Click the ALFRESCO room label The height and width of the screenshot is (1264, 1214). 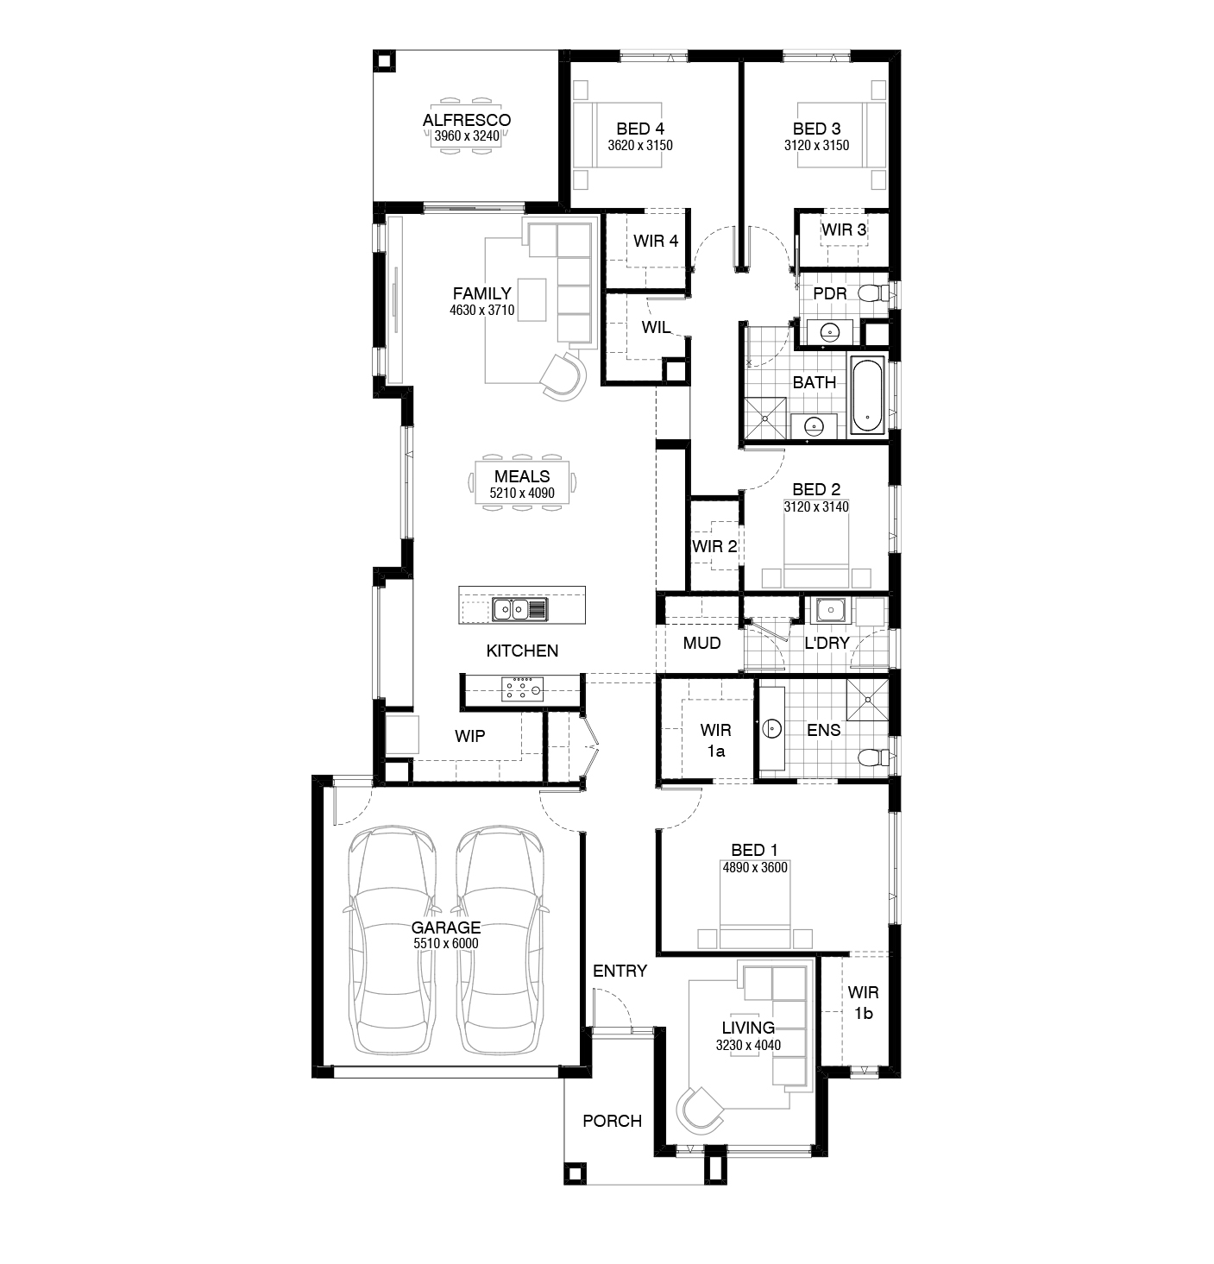click(467, 120)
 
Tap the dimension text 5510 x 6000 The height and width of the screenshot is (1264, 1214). click(445, 943)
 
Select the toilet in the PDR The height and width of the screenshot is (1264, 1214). click(873, 293)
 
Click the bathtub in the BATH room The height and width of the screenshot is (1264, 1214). click(867, 395)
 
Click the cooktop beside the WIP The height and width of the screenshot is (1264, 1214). click(522, 689)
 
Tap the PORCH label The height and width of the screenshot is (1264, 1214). click(612, 1121)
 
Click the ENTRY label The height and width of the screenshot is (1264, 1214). click(620, 971)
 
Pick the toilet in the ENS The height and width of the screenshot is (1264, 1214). click(873, 758)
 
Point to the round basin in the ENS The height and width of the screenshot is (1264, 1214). click(771, 729)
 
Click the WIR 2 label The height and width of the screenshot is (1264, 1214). click(714, 546)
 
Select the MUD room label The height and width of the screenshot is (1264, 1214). click(701, 643)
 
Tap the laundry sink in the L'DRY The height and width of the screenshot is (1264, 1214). click(829, 610)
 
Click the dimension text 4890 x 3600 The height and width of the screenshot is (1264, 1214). click(755, 867)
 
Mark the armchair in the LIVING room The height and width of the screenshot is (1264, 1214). click(699, 1108)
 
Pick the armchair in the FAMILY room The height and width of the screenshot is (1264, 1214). click(563, 376)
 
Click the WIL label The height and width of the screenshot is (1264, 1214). click(656, 327)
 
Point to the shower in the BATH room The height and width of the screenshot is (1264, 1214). click(765, 418)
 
